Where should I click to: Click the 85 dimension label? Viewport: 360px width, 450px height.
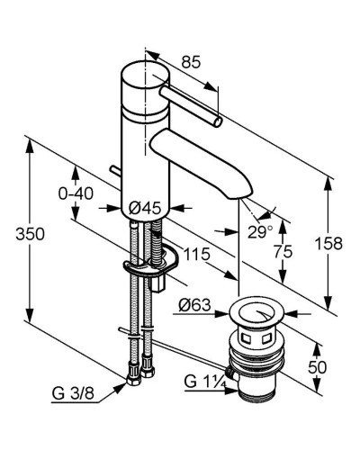[191, 62]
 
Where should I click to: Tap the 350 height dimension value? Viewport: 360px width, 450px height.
[30, 234]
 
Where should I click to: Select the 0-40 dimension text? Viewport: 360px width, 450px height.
[76, 193]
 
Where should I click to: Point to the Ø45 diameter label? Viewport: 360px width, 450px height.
[145, 208]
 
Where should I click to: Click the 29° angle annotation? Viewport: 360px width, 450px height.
[260, 232]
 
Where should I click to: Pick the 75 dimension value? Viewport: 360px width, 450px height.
[283, 251]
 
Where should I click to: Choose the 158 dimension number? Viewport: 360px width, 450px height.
[328, 243]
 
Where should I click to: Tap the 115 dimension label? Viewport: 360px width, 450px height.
[196, 255]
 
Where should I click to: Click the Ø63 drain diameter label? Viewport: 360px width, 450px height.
[194, 305]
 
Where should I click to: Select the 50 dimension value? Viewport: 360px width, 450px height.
[317, 367]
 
